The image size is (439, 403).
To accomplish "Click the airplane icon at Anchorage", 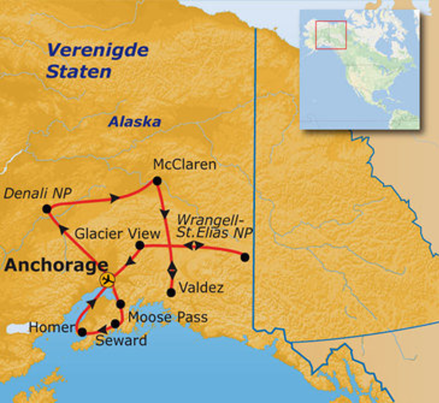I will pyautogui.click(x=107, y=280).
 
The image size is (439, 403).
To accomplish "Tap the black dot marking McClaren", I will pyautogui.click(x=157, y=181).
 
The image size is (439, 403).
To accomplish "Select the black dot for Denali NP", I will pyautogui.click(x=47, y=209).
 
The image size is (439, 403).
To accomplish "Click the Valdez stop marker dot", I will pyautogui.click(x=171, y=292).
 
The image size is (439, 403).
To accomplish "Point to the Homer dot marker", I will pyautogui.click(x=82, y=332).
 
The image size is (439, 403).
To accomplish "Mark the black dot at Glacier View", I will pyautogui.click(x=140, y=245).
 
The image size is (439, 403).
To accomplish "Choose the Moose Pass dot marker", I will pyautogui.click(x=120, y=304).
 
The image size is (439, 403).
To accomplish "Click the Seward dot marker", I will pyautogui.click(x=115, y=324).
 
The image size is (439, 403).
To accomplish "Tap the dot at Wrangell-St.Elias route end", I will pyautogui.click(x=245, y=257).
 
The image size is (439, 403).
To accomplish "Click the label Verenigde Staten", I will pyautogui.click(x=97, y=60).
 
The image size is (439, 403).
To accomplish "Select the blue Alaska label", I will pyautogui.click(x=134, y=122).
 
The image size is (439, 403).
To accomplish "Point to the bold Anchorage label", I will pyautogui.click(x=56, y=266).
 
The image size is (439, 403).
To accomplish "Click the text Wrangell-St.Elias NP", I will pyautogui.click(x=214, y=226).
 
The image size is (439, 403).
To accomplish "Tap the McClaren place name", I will pyautogui.click(x=184, y=164).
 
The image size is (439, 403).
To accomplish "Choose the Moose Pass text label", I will pyautogui.click(x=168, y=317).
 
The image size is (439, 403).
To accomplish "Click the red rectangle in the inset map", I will pyautogui.click(x=331, y=35).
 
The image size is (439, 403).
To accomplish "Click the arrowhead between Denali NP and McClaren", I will pyautogui.click(x=114, y=198).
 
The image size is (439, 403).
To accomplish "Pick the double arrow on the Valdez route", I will pyautogui.click(x=171, y=269).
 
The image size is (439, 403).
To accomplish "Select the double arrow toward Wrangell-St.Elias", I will pyautogui.click(x=194, y=246).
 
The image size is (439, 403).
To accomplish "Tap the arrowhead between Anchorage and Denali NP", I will pyautogui.click(x=63, y=230).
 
